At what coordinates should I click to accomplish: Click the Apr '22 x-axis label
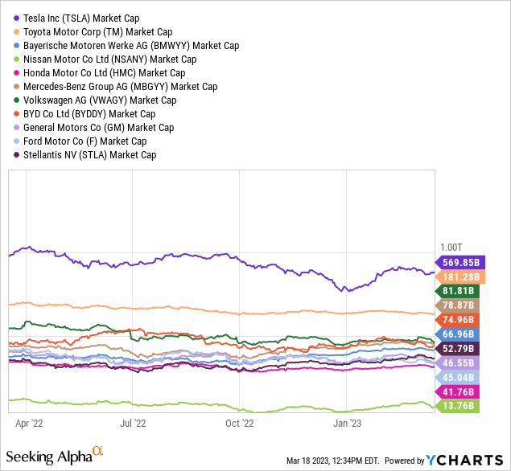[x=28, y=420]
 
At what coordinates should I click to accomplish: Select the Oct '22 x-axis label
[x=240, y=420]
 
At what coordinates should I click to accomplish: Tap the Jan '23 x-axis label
[x=346, y=420]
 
